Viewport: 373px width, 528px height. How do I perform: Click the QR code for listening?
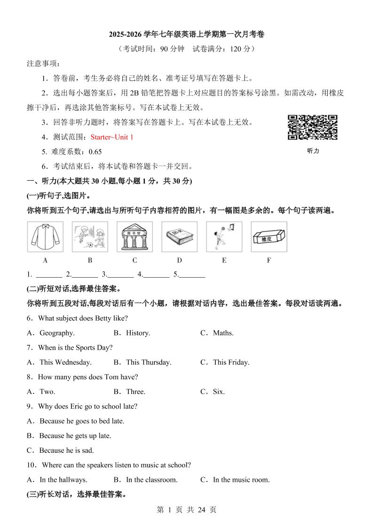point(312,128)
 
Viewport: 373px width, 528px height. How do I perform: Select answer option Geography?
point(57,333)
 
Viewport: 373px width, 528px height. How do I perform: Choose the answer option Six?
point(219,392)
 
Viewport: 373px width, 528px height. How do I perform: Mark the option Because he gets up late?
point(75,436)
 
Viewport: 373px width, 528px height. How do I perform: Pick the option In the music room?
point(241,480)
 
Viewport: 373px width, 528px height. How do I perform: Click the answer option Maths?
point(223,333)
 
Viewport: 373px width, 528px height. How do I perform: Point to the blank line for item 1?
point(49,275)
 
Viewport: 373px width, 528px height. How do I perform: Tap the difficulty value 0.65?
point(95,152)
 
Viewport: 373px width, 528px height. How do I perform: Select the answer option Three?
point(135,392)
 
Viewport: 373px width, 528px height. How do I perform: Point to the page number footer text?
point(186,510)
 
